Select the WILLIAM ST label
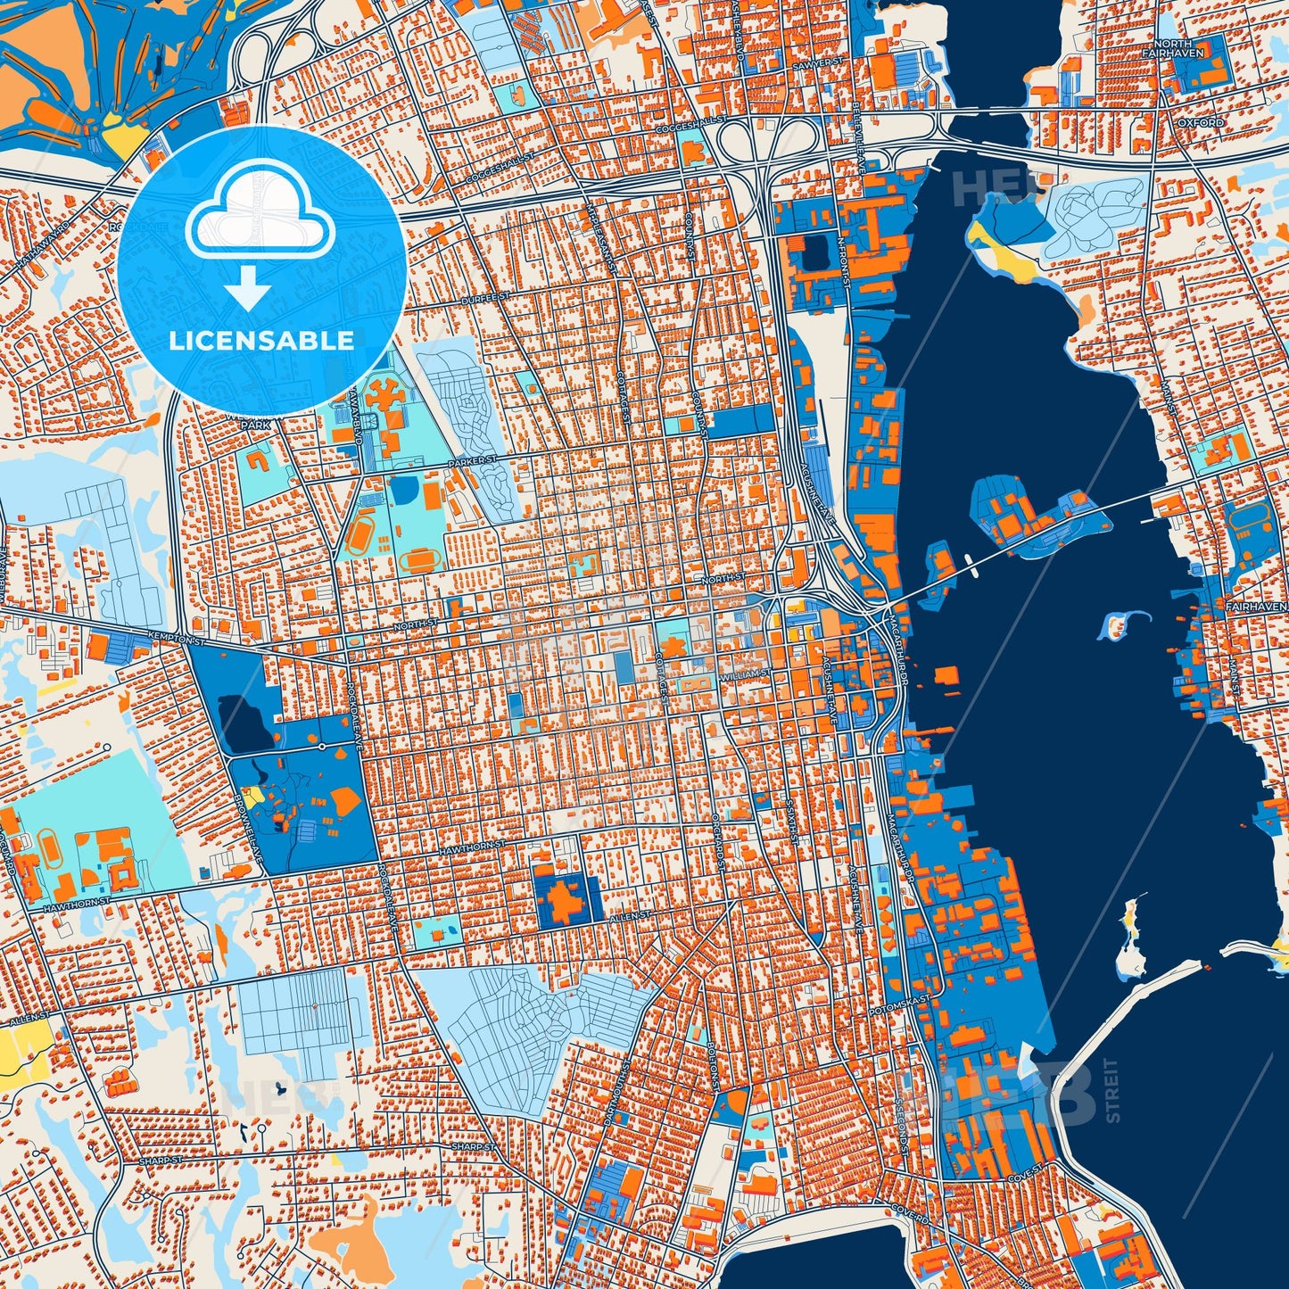[748, 673]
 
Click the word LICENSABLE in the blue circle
[261, 340]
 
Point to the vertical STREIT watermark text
[1111, 1089]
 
